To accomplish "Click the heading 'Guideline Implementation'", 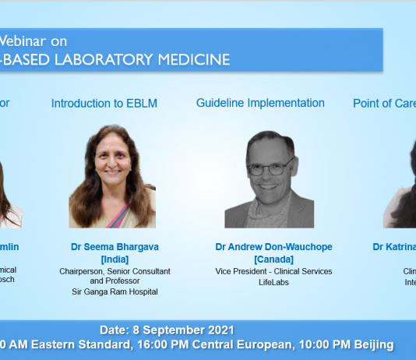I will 260,103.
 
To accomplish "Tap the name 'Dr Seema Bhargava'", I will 115,247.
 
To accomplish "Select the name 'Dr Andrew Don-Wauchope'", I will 273,247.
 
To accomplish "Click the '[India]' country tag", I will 115,259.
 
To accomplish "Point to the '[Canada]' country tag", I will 273,259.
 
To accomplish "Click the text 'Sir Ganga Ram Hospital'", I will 115,292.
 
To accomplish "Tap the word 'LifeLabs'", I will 273,282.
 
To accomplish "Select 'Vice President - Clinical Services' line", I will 273,271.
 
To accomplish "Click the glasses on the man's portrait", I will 270,168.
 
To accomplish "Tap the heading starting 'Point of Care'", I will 383,103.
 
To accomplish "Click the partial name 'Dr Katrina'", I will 394,247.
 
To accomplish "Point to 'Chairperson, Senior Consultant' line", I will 115,271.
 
